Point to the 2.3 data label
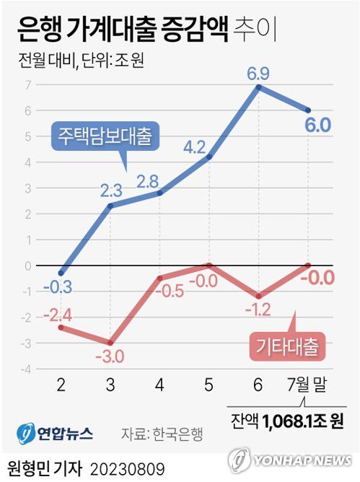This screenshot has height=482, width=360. [112, 190]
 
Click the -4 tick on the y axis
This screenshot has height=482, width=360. [27, 369]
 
